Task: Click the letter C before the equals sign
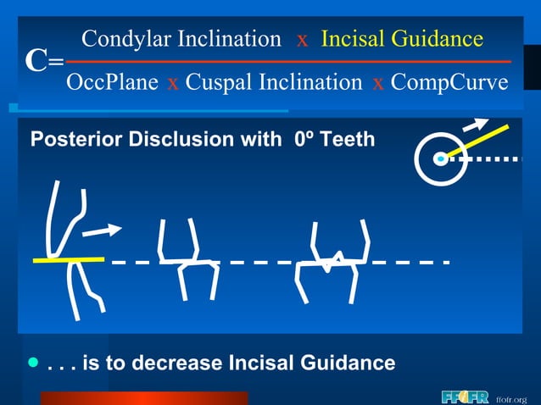point(35,61)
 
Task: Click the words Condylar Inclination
point(181,38)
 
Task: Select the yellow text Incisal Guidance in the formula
point(402,38)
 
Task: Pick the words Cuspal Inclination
point(274,82)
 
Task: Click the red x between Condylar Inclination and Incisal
point(302,39)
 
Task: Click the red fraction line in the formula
point(288,61)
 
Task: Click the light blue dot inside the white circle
point(439,158)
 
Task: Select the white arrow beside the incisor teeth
point(104,229)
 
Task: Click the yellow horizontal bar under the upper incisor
point(68,259)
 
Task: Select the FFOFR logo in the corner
point(465,397)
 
